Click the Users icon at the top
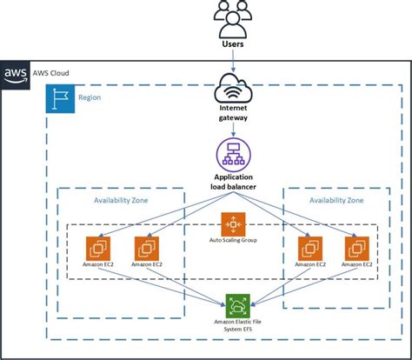click(x=233, y=19)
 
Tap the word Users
click(x=233, y=44)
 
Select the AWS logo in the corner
click(x=15, y=75)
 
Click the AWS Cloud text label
click(x=50, y=73)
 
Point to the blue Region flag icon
click(x=60, y=98)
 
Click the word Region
click(x=90, y=97)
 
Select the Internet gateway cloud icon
click(x=233, y=88)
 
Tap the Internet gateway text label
click(x=233, y=113)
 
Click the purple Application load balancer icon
click(x=233, y=156)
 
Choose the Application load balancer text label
click(x=233, y=182)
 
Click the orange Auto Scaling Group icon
click(x=233, y=224)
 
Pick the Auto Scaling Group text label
click(x=233, y=240)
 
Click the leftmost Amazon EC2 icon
click(x=98, y=249)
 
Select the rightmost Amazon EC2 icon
click(x=357, y=249)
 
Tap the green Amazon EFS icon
click(x=238, y=306)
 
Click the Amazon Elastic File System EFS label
click(x=238, y=325)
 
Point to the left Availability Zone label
click(x=121, y=200)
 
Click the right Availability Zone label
click(x=336, y=200)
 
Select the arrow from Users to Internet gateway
click(x=233, y=61)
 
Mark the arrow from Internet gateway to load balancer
click(x=233, y=130)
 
